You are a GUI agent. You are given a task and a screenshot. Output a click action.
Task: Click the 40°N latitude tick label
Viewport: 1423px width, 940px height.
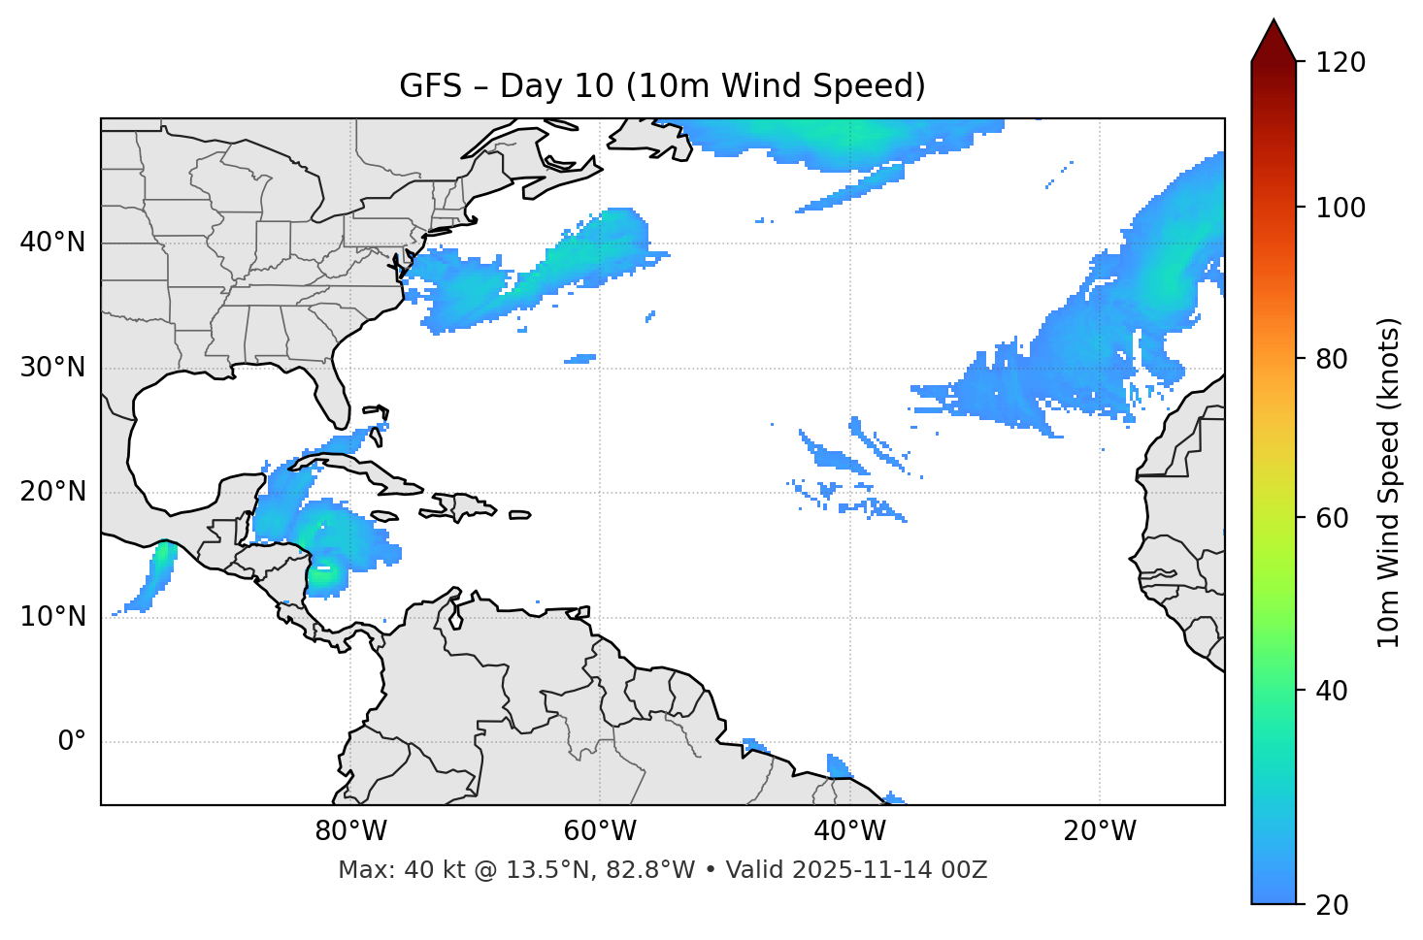pyautogui.click(x=52, y=243)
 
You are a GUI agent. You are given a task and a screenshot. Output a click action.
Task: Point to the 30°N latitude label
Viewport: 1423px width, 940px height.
pyautogui.click(x=52, y=368)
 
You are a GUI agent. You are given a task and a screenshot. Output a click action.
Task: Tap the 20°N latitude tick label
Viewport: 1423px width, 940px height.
pyautogui.click(x=52, y=492)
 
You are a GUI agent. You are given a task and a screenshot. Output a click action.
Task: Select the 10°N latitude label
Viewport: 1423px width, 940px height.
pyautogui.click(x=52, y=617)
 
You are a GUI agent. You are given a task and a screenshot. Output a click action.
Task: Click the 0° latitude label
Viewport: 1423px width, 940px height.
pyautogui.click(x=72, y=742)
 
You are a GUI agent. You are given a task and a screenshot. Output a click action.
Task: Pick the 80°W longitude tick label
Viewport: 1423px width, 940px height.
pyautogui.click(x=350, y=831)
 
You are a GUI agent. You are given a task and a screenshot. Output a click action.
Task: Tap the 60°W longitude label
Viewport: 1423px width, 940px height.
pyautogui.click(x=600, y=831)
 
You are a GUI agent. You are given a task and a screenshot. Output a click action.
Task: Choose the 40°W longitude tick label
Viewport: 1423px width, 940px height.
pyautogui.click(x=849, y=831)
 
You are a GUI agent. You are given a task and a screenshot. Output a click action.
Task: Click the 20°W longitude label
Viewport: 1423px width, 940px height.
pyautogui.click(x=1100, y=831)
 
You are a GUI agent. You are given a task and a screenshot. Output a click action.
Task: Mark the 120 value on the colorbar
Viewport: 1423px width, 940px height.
pyautogui.click(x=1340, y=63)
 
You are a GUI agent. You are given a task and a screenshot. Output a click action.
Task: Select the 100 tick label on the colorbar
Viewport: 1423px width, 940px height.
pyautogui.click(x=1340, y=208)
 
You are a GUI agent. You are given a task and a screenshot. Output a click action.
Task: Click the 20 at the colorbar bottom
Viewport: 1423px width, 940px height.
pyautogui.click(x=1332, y=905)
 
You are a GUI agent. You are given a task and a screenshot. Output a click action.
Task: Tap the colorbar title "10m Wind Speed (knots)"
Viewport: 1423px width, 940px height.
pyautogui.click(x=1389, y=482)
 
